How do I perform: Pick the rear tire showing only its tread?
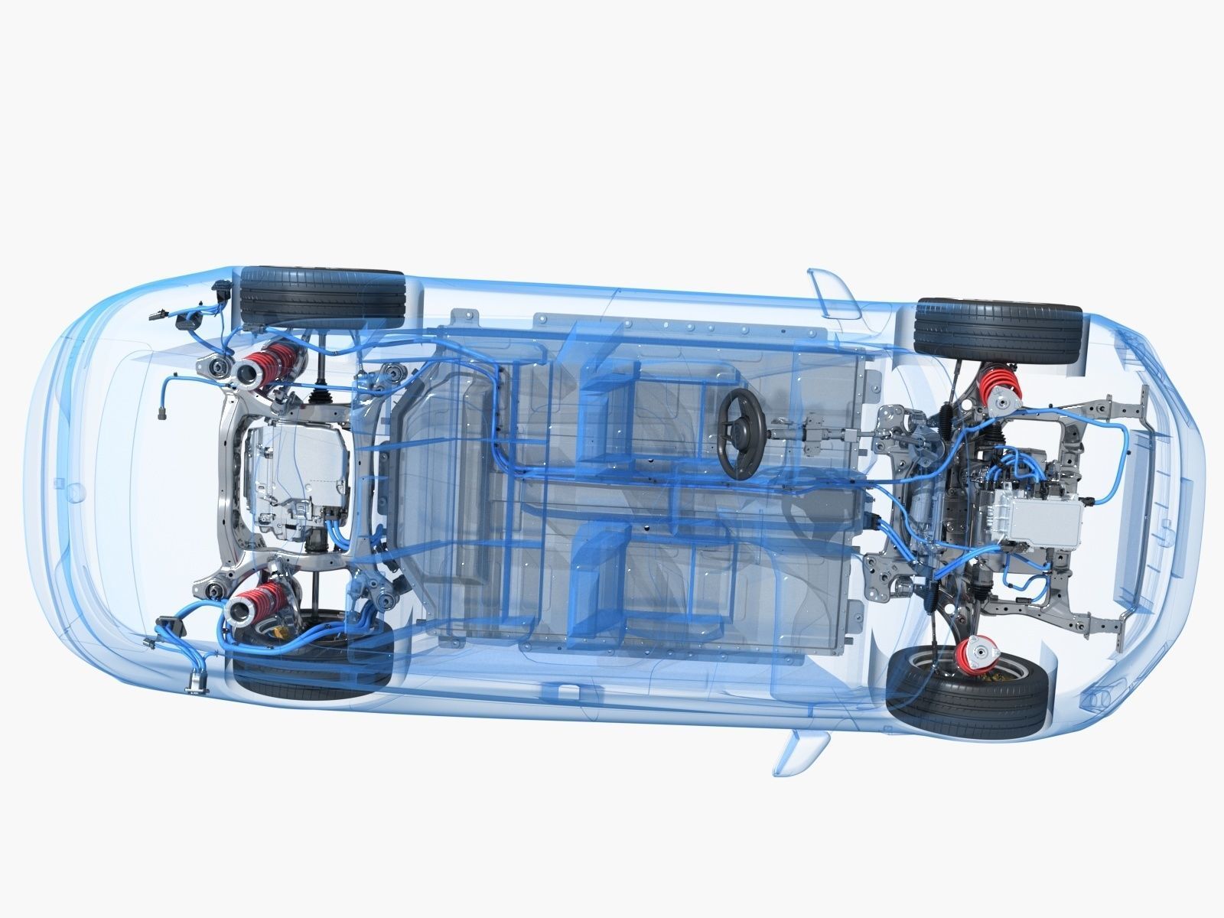[x=323, y=295]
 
